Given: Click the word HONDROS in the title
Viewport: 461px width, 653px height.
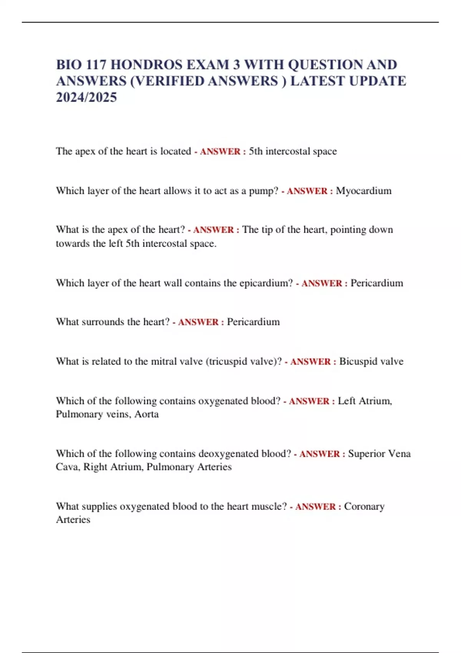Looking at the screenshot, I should point(144,65).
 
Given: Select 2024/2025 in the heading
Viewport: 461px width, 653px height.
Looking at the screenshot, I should point(86,98).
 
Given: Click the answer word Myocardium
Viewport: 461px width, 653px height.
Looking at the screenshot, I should point(363,191).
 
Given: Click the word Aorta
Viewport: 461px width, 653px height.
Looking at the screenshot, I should point(147,414).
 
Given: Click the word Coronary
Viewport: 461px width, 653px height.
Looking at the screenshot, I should point(364,506).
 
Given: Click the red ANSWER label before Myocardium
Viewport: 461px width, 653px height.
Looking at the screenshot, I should point(307,191).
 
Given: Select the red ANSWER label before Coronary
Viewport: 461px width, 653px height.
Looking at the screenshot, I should point(315,507).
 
